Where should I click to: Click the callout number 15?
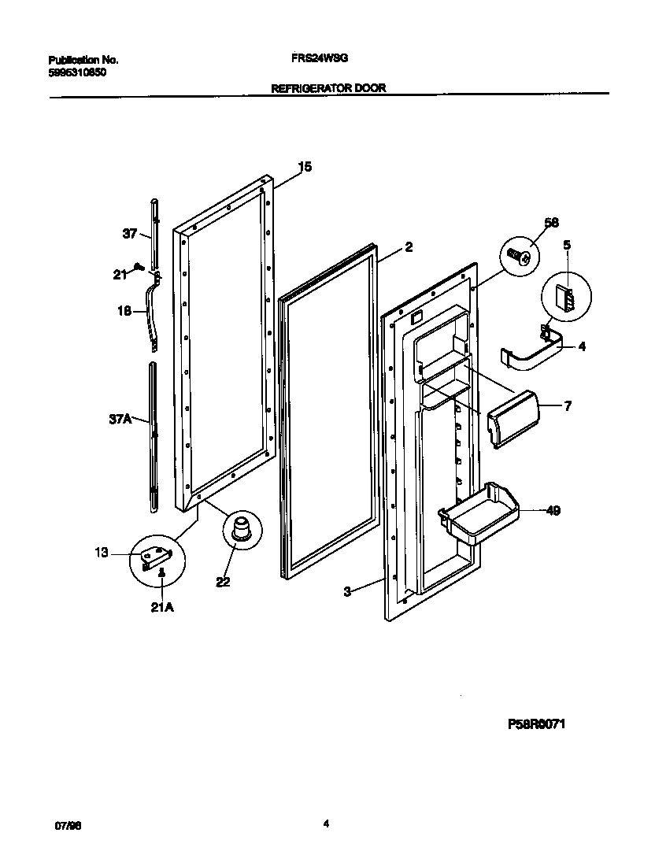[x=305, y=167]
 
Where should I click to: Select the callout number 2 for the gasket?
[x=409, y=247]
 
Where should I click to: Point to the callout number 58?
[x=551, y=223]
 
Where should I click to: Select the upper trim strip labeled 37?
[x=154, y=232]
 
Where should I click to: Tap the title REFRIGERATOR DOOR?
[x=328, y=89]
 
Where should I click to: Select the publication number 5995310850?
[x=77, y=72]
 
